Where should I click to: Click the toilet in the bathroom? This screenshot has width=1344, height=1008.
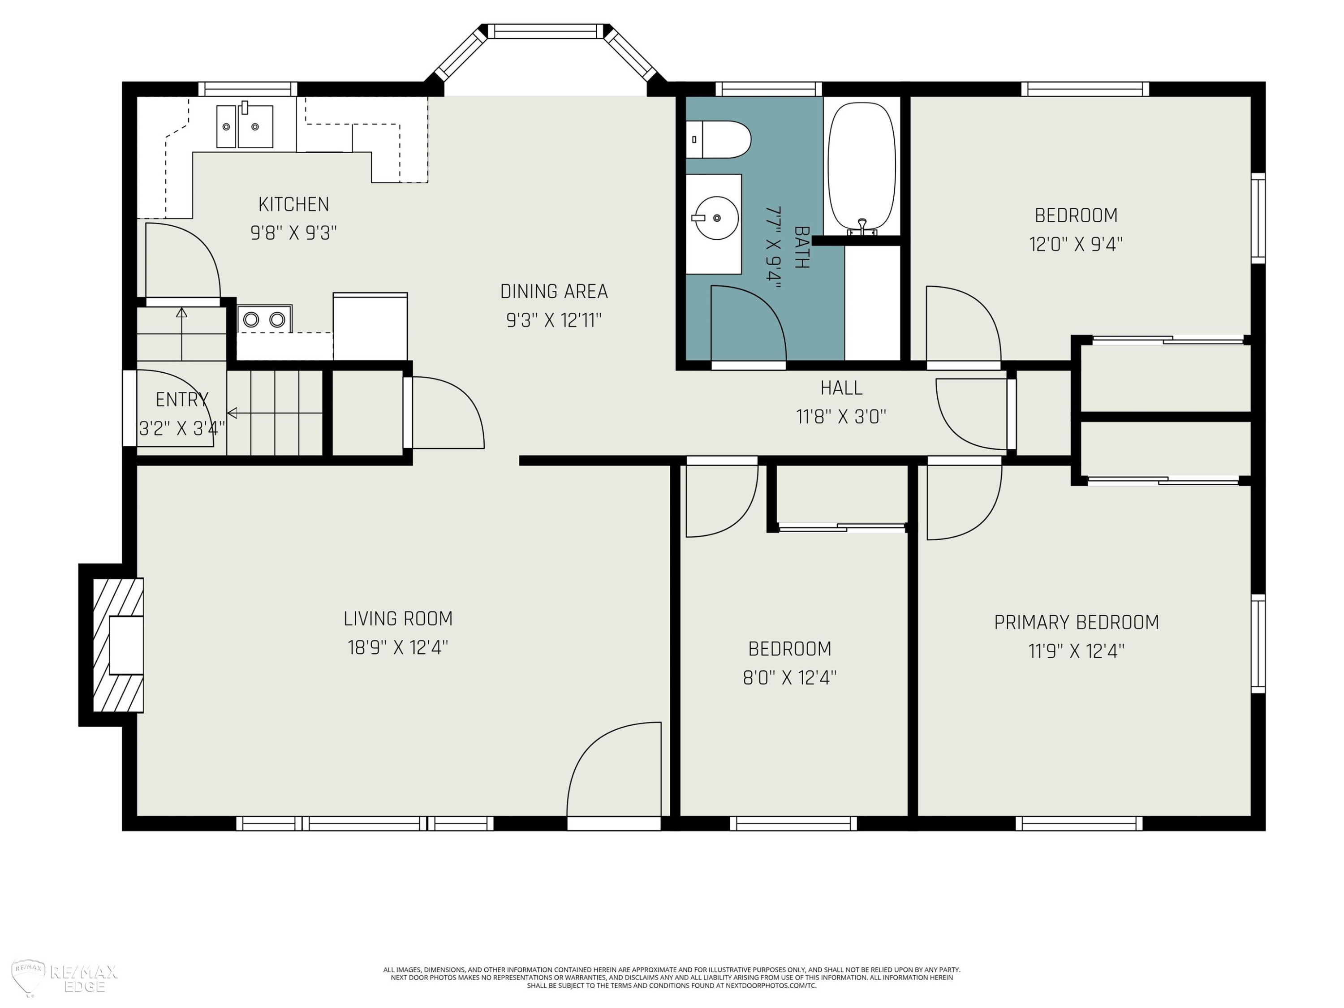[x=718, y=139]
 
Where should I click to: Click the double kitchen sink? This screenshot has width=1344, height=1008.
[x=245, y=126]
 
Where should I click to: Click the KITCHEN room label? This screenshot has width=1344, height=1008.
[x=293, y=204]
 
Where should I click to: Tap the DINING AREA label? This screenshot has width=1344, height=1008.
[x=554, y=292]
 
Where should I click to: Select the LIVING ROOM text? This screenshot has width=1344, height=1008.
[x=398, y=619]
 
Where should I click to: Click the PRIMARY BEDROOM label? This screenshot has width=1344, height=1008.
[x=1076, y=622]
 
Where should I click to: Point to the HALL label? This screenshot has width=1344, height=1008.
[x=841, y=388]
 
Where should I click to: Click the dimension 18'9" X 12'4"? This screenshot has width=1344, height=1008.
[x=398, y=648]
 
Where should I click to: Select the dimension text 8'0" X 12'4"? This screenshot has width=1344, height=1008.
[x=789, y=677]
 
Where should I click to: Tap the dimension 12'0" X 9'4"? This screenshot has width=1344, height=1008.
[x=1076, y=244]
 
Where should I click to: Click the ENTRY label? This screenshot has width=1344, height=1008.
[x=182, y=400]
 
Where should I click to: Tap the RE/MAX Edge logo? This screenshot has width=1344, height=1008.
[x=65, y=979]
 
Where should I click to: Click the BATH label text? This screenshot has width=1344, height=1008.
[x=801, y=247]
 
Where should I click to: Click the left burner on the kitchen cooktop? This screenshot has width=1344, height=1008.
[x=251, y=319]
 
